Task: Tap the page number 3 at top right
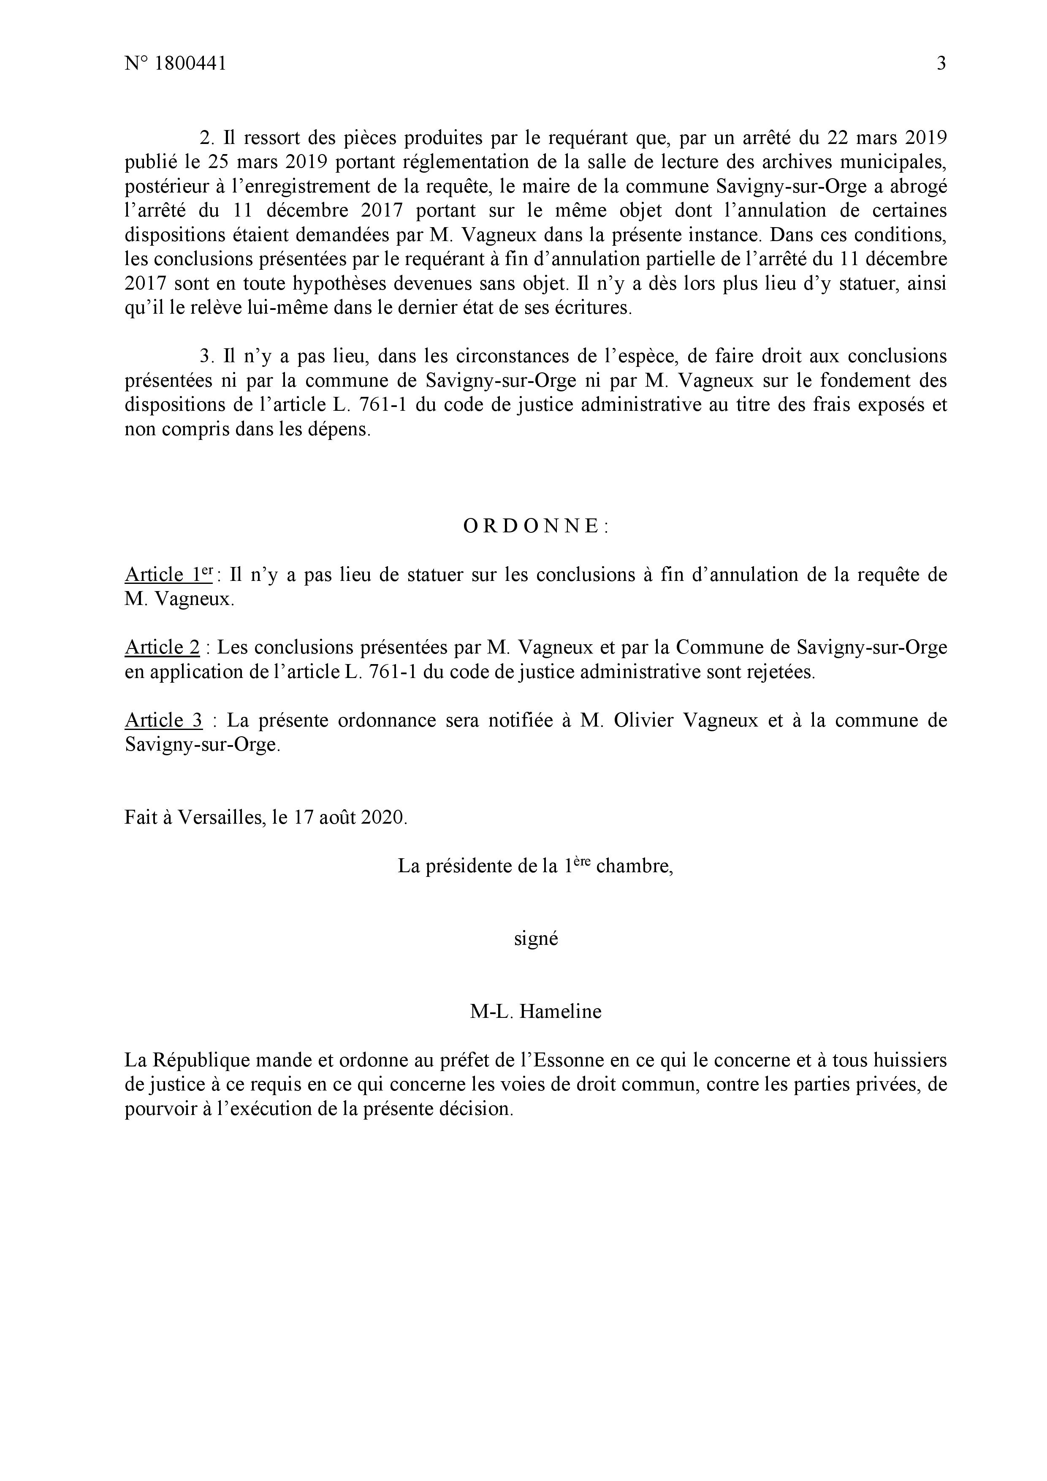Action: pos(941,64)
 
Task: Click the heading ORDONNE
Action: pos(535,526)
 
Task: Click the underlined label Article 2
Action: pos(162,648)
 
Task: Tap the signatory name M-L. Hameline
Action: pos(535,1012)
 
